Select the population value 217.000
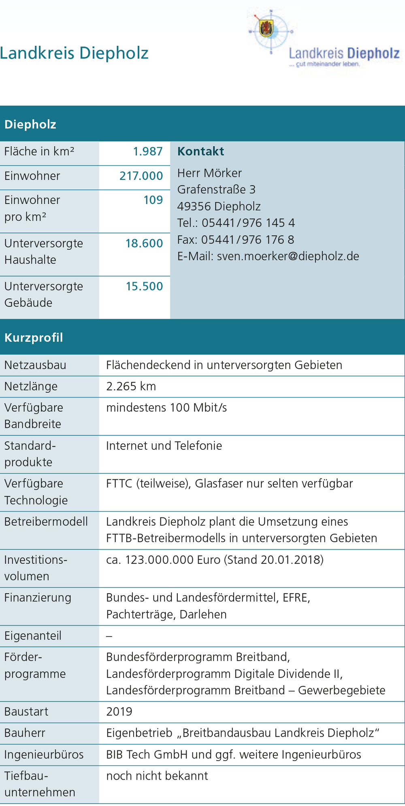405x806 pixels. pyautogui.click(x=141, y=176)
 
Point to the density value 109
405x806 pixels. pyautogui.click(x=153, y=200)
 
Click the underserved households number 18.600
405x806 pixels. pyautogui.click(x=144, y=243)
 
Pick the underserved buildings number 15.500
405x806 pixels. pyautogui.click(x=144, y=286)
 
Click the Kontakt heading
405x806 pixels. pyautogui.click(x=200, y=152)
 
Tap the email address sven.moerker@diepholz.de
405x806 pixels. pyautogui.click(x=288, y=256)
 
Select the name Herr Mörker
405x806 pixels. pyautogui.click(x=209, y=173)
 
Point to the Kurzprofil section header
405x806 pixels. pyautogui.click(x=34, y=338)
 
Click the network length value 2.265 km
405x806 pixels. pyautogui.click(x=131, y=386)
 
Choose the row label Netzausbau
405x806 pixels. pyautogui.click(x=35, y=365)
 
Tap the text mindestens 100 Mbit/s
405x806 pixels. pyautogui.click(x=166, y=408)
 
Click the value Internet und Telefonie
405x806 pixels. pyautogui.click(x=164, y=446)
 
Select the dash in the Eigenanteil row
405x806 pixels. pyautogui.click(x=109, y=636)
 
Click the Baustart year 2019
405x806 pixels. pyautogui.click(x=119, y=712)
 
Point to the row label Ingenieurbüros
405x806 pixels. pyautogui.click(x=44, y=755)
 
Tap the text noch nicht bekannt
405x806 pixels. pyautogui.click(x=157, y=776)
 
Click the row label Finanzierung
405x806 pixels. pyautogui.click(x=38, y=598)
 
